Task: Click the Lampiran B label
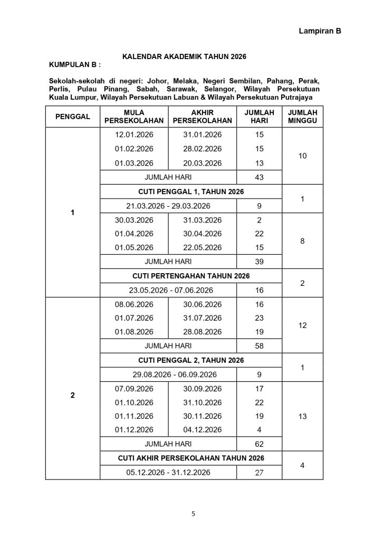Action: point(320,31)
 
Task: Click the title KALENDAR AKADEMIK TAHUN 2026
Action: point(185,56)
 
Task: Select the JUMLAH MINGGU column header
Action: point(302,117)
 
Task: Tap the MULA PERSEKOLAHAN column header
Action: point(134,117)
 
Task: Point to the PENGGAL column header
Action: point(72,117)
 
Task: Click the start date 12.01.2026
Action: point(134,135)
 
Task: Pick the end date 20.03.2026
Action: point(203,163)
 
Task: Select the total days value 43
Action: point(259,177)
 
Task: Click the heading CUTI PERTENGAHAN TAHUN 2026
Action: point(191,276)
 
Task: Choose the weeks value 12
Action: point(302,325)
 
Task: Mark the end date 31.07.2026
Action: point(203,318)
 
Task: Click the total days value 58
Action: point(259,346)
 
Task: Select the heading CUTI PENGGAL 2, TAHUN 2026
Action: point(191,360)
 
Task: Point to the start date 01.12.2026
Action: point(134,430)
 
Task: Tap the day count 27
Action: point(259,472)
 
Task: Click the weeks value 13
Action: point(302,417)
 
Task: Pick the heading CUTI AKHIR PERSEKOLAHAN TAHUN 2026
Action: point(191,458)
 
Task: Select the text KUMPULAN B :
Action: point(74,65)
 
